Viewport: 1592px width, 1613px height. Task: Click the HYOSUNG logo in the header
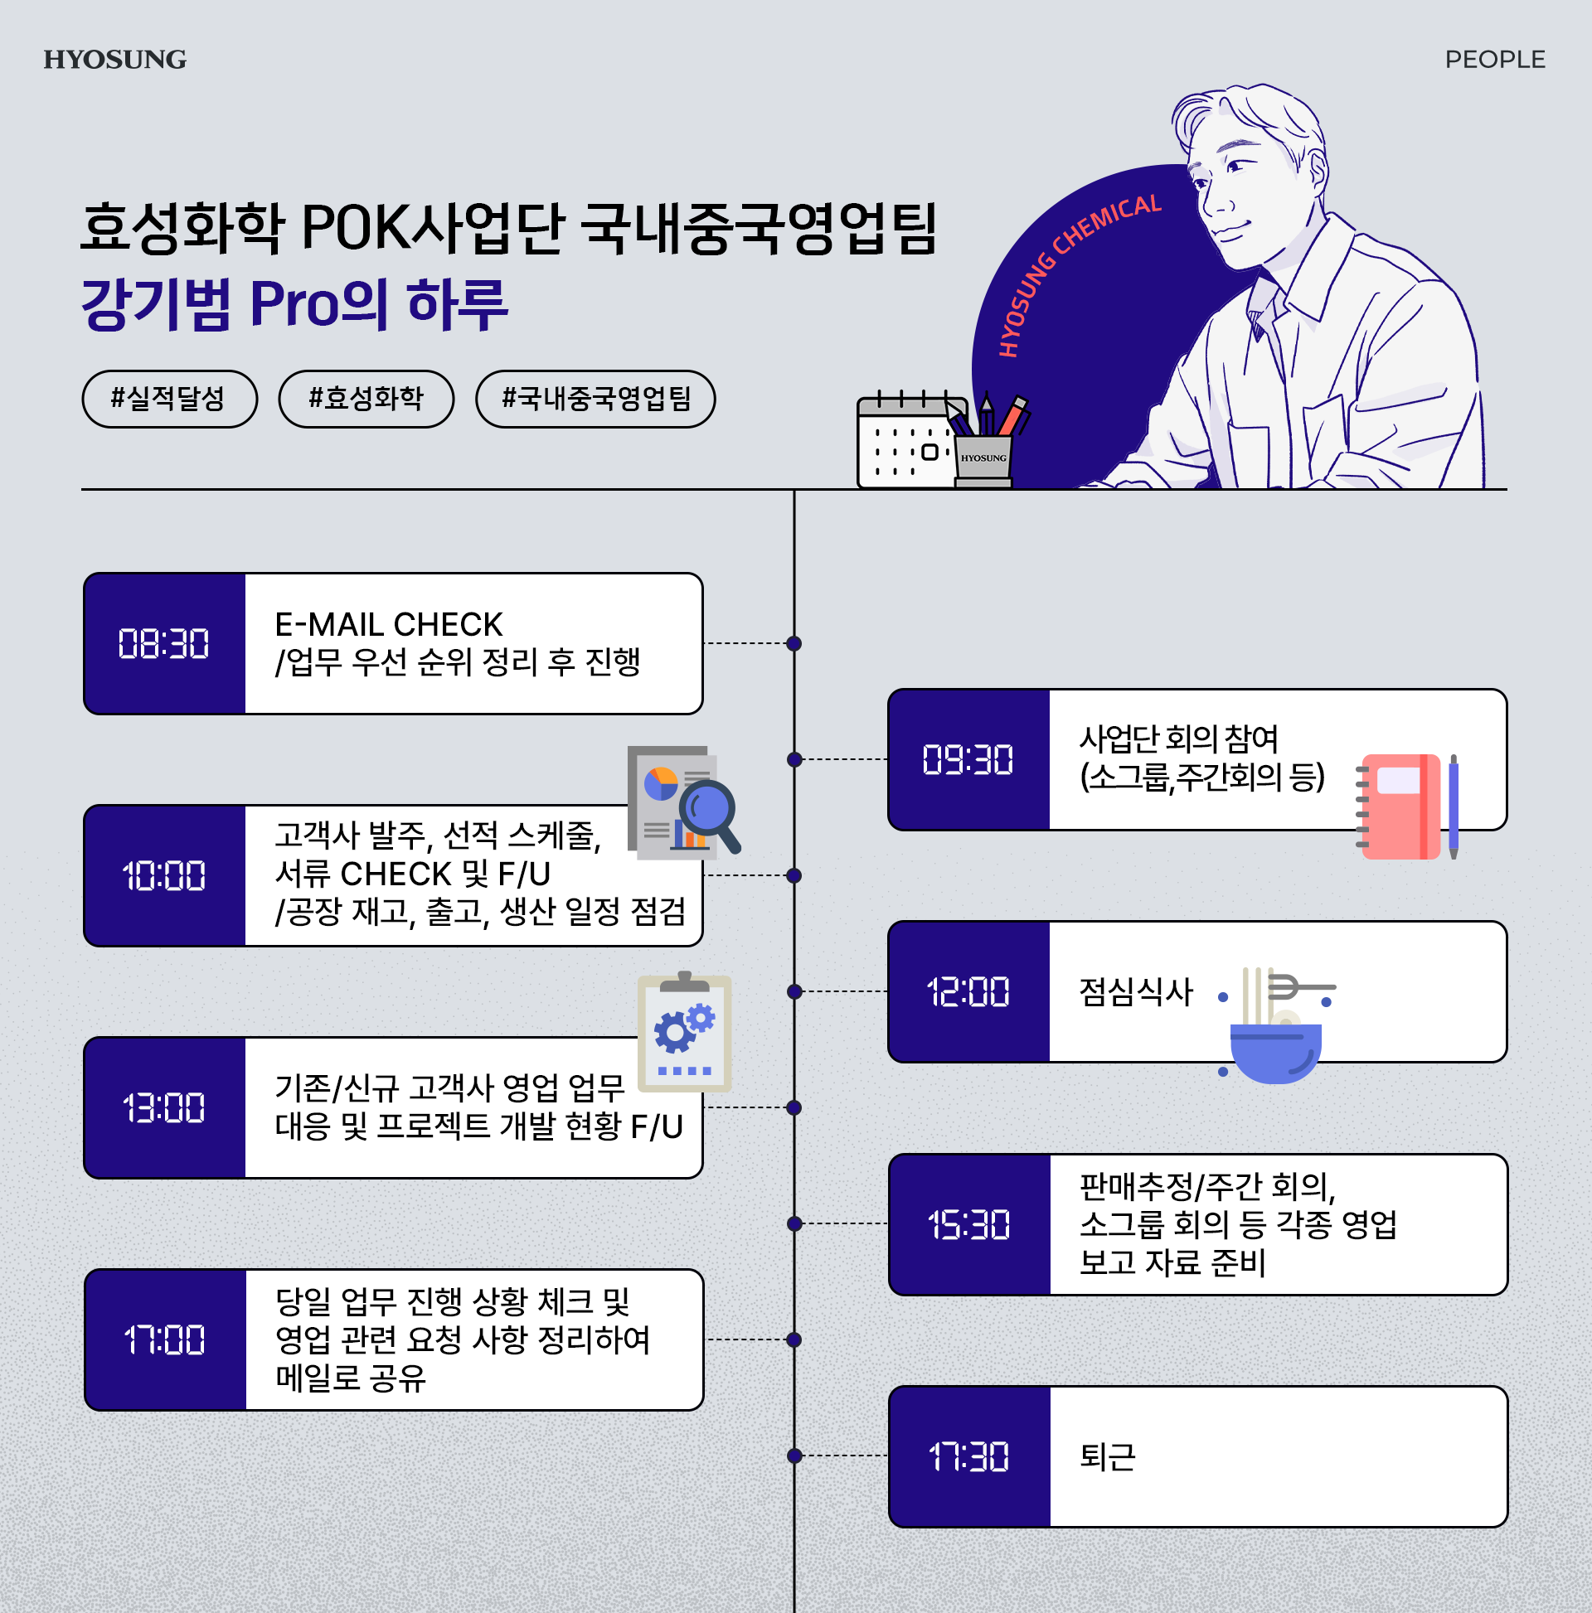pos(115,60)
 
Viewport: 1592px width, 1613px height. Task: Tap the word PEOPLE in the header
pos(1494,60)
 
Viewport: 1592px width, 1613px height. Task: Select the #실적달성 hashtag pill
pos(168,398)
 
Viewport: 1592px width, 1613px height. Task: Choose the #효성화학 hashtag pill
pos(366,398)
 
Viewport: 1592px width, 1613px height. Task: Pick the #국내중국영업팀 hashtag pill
pos(595,398)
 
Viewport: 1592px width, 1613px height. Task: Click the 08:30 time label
pos(163,644)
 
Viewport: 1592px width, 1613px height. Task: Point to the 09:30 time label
pos(968,760)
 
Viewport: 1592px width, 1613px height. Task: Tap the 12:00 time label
pos(968,992)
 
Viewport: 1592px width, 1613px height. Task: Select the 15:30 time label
pos(969,1225)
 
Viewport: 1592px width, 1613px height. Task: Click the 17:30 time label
pos(969,1457)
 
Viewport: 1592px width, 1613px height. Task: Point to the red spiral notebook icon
pos(1400,806)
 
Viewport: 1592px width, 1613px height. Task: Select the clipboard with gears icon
pos(685,1034)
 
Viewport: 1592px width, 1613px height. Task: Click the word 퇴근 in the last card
pos(1108,1457)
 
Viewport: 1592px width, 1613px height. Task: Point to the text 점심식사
pos(1136,992)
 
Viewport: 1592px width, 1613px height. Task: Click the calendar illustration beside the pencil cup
pos(906,443)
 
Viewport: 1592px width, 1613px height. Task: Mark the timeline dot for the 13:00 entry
pos(794,1108)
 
